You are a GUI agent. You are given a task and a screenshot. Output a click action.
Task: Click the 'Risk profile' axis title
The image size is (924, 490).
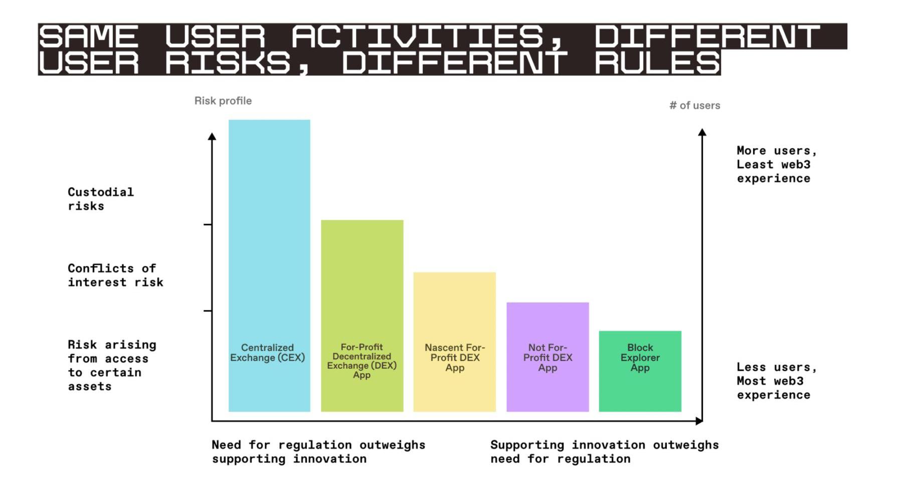pos(223,101)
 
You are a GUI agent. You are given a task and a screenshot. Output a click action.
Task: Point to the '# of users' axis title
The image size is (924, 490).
pos(694,105)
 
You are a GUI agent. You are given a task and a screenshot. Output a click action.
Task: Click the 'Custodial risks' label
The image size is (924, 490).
pos(101,199)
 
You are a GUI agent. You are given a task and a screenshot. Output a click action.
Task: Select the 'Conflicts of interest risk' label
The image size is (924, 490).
pos(115,275)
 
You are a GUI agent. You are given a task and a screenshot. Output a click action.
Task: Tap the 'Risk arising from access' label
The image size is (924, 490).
pos(112,366)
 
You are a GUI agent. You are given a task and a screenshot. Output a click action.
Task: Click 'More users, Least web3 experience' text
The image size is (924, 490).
pos(776,165)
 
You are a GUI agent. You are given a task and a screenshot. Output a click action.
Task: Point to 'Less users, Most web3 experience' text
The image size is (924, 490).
pos(776,381)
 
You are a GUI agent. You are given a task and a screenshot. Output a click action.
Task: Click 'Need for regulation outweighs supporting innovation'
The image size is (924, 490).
pos(318,452)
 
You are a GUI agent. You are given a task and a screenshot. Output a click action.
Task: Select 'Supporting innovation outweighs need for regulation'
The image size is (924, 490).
pos(604,452)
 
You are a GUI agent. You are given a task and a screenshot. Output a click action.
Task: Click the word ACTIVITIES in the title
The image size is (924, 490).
pos(418,37)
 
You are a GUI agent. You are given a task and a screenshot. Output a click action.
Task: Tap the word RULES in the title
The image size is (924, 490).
pos(657,63)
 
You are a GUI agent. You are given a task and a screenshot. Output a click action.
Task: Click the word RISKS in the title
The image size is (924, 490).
pos(229,63)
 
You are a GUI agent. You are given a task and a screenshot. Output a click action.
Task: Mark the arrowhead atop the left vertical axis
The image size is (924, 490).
pos(212,136)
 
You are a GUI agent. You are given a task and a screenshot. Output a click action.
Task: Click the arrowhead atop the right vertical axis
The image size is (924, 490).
pos(702,132)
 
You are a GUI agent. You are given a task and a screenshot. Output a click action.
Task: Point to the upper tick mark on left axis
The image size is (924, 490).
pos(208,225)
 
